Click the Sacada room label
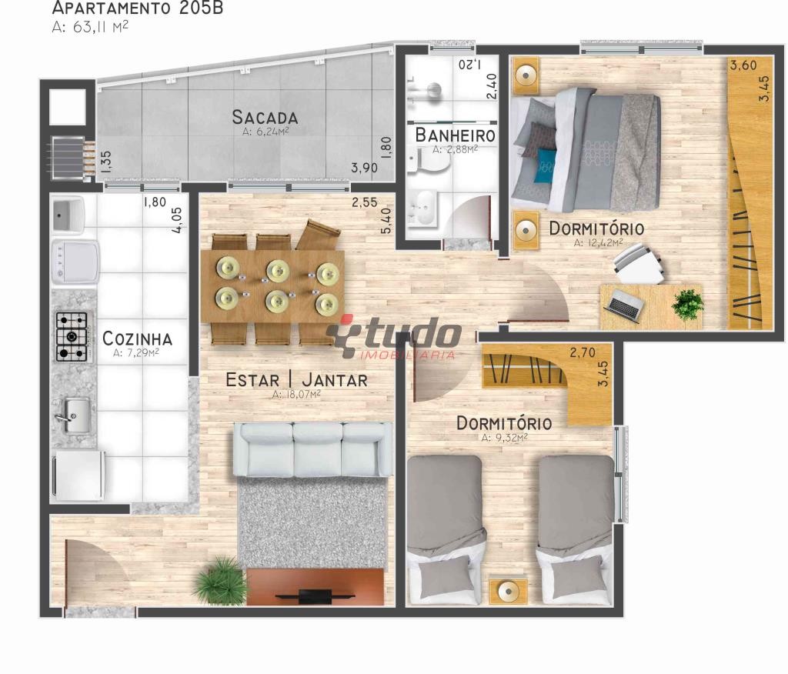click(x=265, y=117)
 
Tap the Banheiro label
click(x=456, y=135)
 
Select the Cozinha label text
click(x=137, y=339)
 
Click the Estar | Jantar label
click(x=296, y=379)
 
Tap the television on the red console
click(x=315, y=596)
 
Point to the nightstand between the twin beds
click(x=509, y=592)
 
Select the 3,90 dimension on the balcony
click(x=364, y=168)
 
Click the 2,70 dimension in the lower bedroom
click(x=583, y=352)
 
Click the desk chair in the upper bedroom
click(x=639, y=264)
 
